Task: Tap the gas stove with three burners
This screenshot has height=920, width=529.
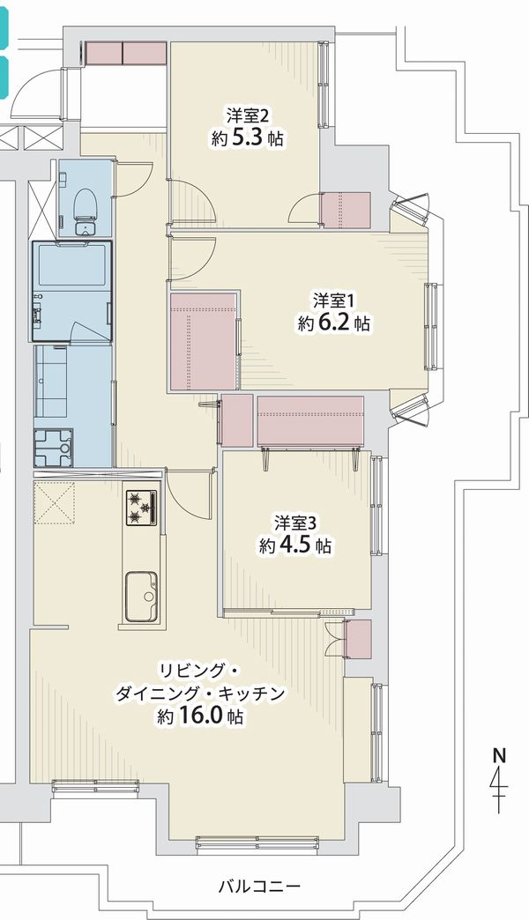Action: [x=141, y=508]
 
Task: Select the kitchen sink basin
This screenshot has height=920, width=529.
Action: [x=141, y=596]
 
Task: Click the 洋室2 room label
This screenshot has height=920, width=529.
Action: [x=247, y=114]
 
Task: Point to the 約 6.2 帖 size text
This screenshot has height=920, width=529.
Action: [x=334, y=323]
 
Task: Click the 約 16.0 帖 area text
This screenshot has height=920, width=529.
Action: [x=200, y=716]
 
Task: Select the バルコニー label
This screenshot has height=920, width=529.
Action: [x=259, y=886]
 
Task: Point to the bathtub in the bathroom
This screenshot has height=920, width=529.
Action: [x=72, y=265]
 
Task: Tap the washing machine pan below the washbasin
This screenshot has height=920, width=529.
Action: [x=54, y=448]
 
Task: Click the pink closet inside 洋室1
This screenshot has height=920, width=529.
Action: [x=203, y=340]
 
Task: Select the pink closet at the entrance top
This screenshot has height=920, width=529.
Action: [x=126, y=54]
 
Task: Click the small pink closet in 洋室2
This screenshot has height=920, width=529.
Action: [x=346, y=210]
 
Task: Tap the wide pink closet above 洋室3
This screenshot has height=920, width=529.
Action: [x=310, y=420]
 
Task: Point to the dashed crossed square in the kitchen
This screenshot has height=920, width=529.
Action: [x=55, y=503]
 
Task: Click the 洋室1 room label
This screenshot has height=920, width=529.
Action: [x=333, y=301]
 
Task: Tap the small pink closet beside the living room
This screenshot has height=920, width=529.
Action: [x=358, y=639]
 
